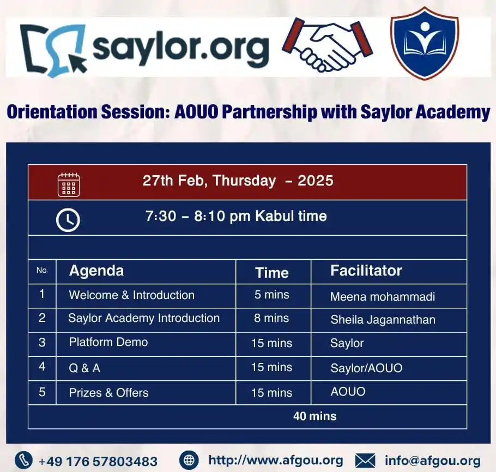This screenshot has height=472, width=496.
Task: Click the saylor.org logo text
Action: point(181,49)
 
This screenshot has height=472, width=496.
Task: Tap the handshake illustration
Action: point(327,44)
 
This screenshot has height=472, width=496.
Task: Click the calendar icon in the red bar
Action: point(69,184)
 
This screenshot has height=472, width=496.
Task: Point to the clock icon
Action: point(68,220)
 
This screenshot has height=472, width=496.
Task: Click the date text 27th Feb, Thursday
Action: point(209,181)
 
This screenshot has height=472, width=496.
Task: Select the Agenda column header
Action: point(96,271)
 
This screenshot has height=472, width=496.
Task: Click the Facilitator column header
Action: point(366,271)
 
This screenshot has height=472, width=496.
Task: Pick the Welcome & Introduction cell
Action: point(131,295)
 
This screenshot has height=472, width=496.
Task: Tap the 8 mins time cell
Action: point(271,318)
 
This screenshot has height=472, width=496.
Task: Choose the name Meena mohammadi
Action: point(383,296)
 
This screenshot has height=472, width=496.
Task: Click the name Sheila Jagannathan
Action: point(383,320)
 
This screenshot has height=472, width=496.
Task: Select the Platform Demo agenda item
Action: point(108,342)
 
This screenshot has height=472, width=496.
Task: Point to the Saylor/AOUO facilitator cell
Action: point(366,368)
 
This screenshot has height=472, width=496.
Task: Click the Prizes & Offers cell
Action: point(108,393)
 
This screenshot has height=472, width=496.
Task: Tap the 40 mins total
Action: point(314,416)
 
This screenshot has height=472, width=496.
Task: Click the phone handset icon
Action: point(24,460)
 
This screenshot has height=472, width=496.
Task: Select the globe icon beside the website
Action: point(189,460)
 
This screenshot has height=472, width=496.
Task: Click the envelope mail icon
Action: point(365,461)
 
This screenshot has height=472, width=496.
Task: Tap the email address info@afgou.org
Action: point(432,461)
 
